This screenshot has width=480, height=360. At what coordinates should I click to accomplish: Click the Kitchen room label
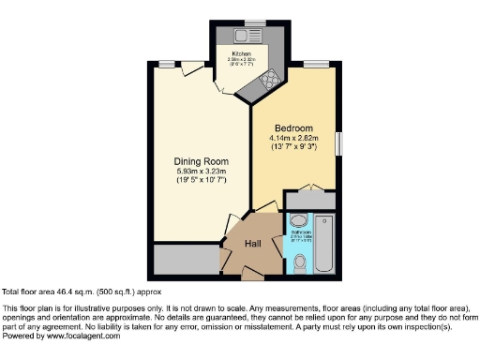coord(241,54)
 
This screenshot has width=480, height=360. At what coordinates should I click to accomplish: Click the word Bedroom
coord(293,128)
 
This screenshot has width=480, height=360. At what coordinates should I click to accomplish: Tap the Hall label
coord(253,243)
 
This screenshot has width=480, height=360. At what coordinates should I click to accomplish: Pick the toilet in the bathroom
coord(299,263)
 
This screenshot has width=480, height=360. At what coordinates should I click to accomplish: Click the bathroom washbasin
coord(298,222)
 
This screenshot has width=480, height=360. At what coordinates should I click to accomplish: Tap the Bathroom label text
coord(300,237)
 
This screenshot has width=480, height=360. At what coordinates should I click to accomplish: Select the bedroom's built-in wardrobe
coord(309,201)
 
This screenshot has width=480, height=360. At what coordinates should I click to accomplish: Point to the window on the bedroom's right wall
coord(339,143)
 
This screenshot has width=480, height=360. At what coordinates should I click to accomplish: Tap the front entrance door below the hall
coord(252,274)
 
